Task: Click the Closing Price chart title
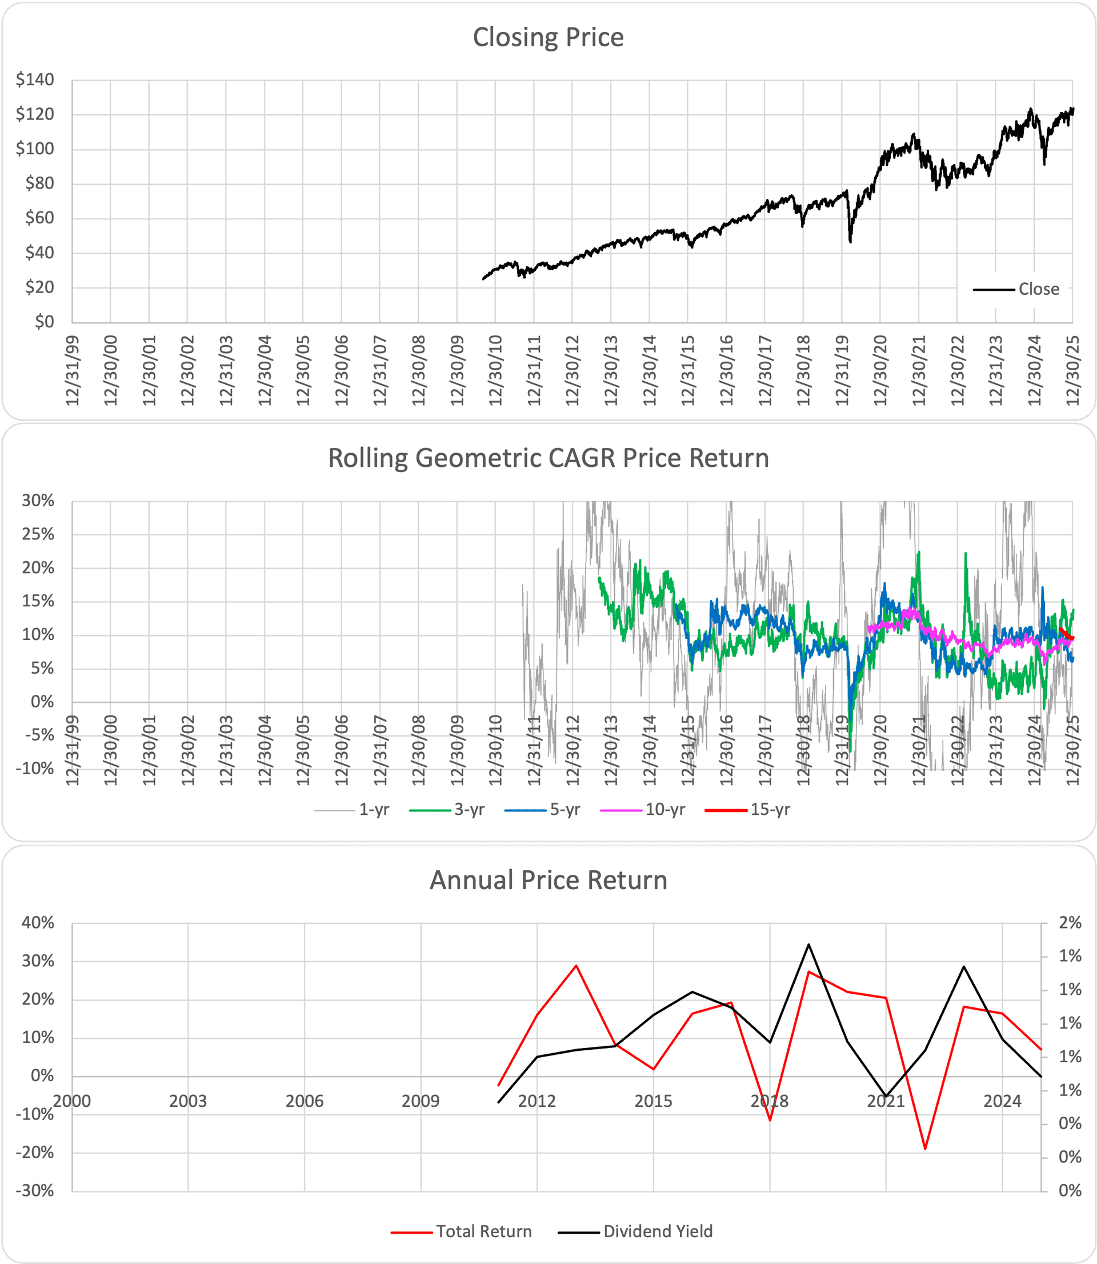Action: click(x=548, y=37)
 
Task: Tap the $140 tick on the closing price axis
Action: click(x=35, y=79)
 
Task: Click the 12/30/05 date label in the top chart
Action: click(x=303, y=370)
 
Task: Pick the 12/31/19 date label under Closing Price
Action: click(x=842, y=370)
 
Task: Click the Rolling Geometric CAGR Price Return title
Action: click(x=548, y=458)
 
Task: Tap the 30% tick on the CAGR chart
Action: click(x=38, y=501)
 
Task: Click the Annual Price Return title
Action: click(x=548, y=880)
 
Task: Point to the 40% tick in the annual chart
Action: click(x=38, y=922)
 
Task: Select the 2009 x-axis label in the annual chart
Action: click(x=421, y=1101)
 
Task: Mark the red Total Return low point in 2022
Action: click(x=925, y=1149)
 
